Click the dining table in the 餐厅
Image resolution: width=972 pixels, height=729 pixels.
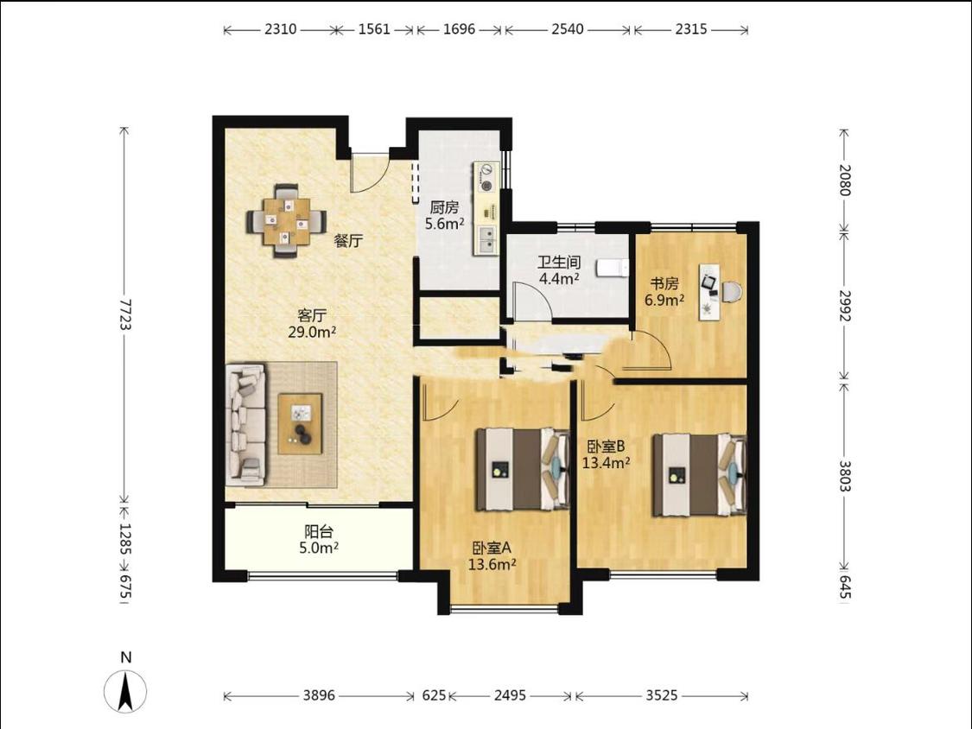pyautogui.click(x=286, y=221)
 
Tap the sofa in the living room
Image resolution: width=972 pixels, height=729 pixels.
pyautogui.click(x=245, y=424)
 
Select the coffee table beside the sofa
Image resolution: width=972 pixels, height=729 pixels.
pyautogui.click(x=300, y=424)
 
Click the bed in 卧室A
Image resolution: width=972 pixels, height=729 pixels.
pyautogui.click(x=523, y=469)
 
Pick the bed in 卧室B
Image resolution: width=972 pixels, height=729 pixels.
pyautogui.click(x=699, y=475)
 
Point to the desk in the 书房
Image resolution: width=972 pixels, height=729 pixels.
pyautogui.click(x=710, y=291)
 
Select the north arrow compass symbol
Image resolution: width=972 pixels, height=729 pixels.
pyautogui.click(x=126, y=689)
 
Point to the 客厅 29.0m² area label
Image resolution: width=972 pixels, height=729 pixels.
pyautogui.click(x=312, y=324)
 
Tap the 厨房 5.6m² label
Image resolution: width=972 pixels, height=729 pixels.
pyautogui.click(x=444, y=216)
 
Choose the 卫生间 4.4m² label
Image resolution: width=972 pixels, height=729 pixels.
pyautogui.click(x=559, y=270)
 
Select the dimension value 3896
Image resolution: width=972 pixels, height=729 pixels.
pyautogui.click(x=319, y=695)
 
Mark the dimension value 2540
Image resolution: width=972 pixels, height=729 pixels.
pyautogui.click(x=568, y=29)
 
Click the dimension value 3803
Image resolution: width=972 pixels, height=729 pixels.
pyautogui.click(x=844, y=475)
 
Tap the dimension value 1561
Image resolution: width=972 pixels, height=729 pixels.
pyautogui.click(x=374, y=29)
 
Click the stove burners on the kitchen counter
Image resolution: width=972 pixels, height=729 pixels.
pyautogui.click(x=486, y=177)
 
